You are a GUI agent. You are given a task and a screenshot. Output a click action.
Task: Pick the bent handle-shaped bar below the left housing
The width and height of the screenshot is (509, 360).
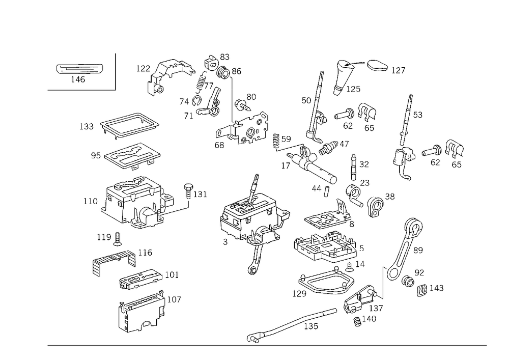coord(115,258)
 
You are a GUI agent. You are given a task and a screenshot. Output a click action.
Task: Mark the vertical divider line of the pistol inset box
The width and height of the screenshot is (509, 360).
coord(116,71)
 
